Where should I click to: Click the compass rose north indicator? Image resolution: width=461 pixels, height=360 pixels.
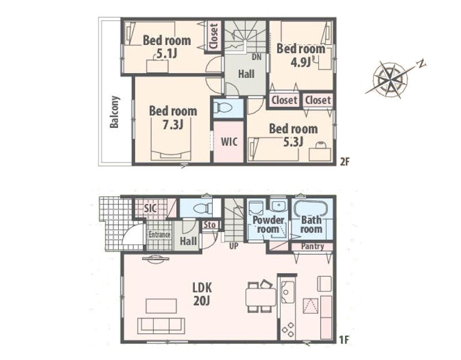coord(422,64)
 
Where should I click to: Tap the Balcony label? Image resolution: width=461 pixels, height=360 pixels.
coord(114,112)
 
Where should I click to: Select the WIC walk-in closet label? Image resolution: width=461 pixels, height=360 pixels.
coord(229,142)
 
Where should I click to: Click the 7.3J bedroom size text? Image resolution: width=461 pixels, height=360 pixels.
coord(173,124)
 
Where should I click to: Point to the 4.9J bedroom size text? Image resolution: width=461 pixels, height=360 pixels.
coord(301,62)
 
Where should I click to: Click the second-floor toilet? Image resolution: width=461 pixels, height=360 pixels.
coord(223,107)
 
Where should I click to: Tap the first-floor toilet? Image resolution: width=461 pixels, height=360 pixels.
coord(203,208)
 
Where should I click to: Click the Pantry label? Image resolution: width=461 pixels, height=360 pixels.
coord(312,247)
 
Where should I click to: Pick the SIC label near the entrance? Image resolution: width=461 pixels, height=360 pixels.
coord(150,208)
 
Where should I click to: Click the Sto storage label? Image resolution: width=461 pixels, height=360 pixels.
coord(210,225)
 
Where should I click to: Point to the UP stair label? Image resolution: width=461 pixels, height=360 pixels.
coord(234,246)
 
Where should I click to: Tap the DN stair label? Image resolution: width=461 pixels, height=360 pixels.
coord(256,57)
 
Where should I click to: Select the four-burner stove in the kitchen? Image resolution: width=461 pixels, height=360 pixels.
coord(288,329)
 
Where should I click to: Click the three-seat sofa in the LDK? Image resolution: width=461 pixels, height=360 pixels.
coord(161,325)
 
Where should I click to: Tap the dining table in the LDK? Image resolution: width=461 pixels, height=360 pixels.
coord(261,297)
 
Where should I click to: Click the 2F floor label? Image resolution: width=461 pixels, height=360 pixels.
coord(345,162)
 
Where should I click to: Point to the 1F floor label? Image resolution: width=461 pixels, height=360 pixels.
coord(344,340)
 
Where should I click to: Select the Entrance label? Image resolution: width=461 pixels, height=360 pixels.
coord(160,234)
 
